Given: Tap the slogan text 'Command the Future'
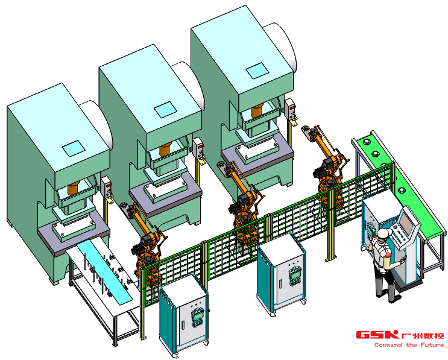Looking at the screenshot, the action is [409, 345].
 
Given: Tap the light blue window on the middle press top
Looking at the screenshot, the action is [165, 109].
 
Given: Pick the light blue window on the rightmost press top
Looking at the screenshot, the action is [257, 71].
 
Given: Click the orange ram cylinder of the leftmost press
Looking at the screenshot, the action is [74, 189].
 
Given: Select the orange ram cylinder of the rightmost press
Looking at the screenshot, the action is [258, 111].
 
